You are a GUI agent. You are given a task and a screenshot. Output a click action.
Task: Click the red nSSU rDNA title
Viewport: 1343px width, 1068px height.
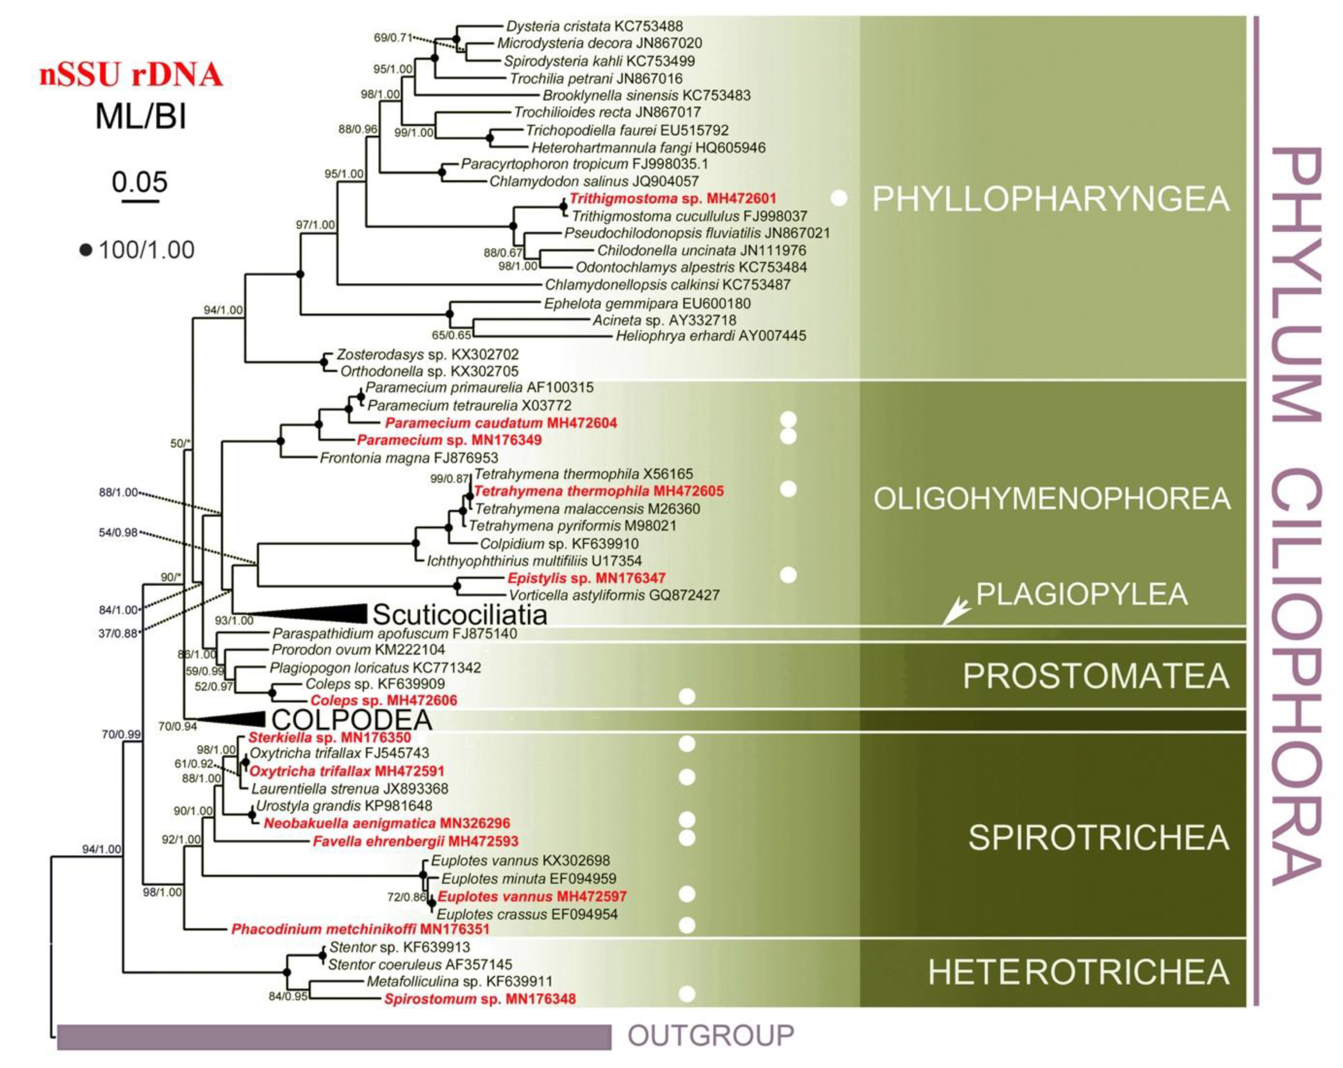(131, 75)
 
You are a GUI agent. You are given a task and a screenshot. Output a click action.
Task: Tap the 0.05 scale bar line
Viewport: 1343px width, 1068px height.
(140, 201)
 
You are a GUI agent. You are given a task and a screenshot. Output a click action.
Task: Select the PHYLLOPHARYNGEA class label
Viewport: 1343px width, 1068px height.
(1050, 199)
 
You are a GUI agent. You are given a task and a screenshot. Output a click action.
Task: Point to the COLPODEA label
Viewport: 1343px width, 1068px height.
(352, 720)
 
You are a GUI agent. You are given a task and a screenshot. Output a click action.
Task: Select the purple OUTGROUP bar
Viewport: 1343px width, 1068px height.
(334, 1037)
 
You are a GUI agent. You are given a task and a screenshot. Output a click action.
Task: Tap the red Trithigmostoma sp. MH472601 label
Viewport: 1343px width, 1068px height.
(673, 199)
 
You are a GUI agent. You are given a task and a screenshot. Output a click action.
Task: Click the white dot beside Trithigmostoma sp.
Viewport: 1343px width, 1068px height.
(839, 199)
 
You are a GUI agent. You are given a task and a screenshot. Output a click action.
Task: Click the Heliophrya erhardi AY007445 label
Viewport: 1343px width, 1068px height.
(711, 336)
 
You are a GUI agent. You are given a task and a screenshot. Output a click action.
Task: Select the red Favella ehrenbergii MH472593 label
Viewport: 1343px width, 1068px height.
(415, 841)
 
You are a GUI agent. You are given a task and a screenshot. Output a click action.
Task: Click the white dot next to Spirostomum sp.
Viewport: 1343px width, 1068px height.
(687, 994)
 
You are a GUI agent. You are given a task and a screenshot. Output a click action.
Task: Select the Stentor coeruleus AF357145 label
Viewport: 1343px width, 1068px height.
(420, 965)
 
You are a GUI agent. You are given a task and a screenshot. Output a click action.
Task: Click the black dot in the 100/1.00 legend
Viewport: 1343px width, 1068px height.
(86, 250)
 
